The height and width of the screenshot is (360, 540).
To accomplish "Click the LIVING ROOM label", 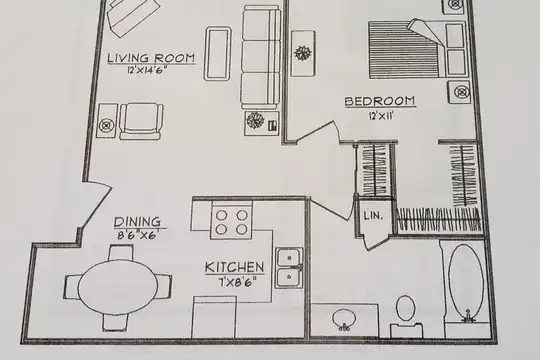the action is click(151, 58).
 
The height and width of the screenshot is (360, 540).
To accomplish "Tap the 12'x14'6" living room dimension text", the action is click(147, 70).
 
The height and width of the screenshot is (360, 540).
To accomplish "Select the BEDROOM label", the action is click(380, 101).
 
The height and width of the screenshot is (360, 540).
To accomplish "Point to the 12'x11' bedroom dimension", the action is click(381, 115).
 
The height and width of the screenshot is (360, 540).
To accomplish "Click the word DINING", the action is click(137, 222).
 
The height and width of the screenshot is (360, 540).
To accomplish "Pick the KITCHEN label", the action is click(235, 267).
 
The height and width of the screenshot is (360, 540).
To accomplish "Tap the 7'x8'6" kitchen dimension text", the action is click(238, 283).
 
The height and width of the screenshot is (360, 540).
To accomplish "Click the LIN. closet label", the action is click(373, 216).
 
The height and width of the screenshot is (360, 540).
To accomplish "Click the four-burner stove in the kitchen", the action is click(231, 220).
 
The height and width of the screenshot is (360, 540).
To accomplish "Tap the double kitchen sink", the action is click(289, 268).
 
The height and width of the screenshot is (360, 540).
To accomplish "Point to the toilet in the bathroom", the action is click(406, 316).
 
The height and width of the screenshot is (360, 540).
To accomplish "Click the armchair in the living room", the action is click(141, 121).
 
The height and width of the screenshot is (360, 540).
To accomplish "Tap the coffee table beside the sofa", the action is click(218, 54).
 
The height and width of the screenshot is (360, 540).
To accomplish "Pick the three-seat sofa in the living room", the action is click(260, 57).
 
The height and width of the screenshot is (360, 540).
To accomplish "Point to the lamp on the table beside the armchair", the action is click(107, 125).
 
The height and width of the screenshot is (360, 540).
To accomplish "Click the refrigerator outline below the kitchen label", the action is click(214, 317).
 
